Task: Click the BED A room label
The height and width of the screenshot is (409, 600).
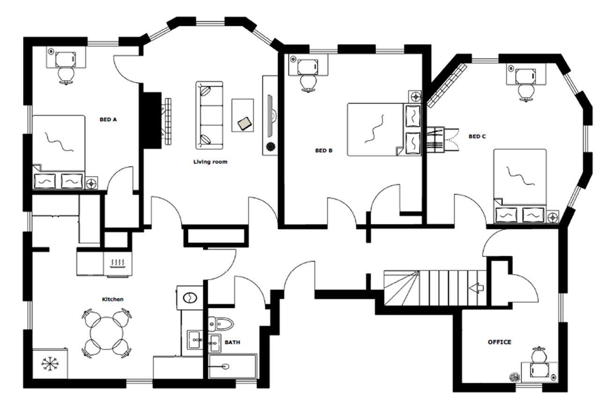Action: (x=108, y=119)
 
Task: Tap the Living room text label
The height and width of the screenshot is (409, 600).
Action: (x=210, y=162)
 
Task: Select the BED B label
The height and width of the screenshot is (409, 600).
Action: (x=323, y=151)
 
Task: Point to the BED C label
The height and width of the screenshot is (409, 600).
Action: (x=477, y=136)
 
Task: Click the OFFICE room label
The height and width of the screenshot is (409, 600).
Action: (x=499, y=342)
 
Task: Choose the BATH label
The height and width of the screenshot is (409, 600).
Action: (x=232, y=342)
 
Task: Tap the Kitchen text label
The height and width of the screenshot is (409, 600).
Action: (x=113, y=299)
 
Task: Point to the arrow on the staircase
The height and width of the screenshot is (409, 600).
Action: (x=477, y=287)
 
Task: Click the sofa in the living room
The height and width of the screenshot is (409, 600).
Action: (x=209, y=115)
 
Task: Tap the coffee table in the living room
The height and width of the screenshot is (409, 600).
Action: (x=243, y=115)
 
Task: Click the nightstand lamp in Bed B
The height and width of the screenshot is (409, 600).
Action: (x=415, y=97)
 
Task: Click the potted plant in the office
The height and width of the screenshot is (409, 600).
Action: (x=515, y=376)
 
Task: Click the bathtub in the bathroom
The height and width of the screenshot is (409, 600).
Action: (x=232, y=366)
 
